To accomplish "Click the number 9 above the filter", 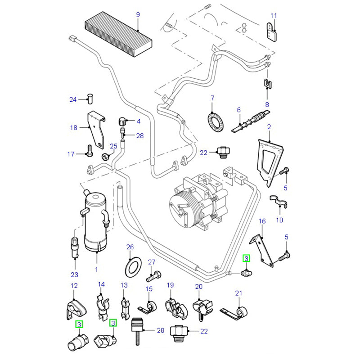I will pos(138,14).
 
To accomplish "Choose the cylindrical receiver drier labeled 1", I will pos(96,220).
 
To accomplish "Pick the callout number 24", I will pos(73,99).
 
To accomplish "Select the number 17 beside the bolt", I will pos(71,154).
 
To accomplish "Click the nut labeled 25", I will pos(107,157).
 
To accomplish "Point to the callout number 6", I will pos(239,110).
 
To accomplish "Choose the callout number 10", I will pos(279,220).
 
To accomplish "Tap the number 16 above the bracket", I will pos(262,221).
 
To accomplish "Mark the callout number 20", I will pos(198,286).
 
